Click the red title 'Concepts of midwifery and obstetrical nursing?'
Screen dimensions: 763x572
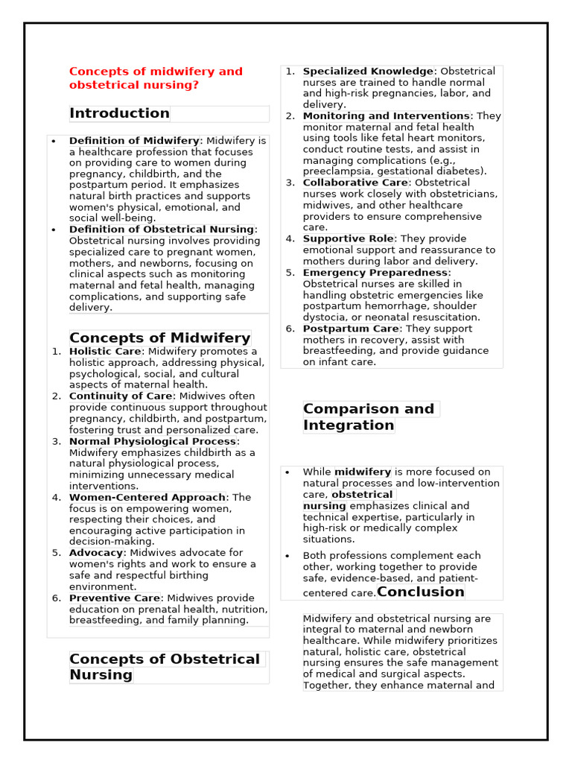[x=156, y=78]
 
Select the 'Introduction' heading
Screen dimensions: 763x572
[x=119, y=113]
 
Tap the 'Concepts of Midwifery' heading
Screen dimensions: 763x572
[x=159, y=338]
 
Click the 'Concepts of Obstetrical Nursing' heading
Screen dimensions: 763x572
[x=165, y=667]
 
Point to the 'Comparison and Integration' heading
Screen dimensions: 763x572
[x=368, y=417]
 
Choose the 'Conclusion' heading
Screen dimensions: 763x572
[x=421, y=592]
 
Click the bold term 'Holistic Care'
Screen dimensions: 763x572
[x=105, y=352]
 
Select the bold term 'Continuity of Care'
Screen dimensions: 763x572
[x=121, y=396]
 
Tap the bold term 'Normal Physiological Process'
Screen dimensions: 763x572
[x=153, y=441]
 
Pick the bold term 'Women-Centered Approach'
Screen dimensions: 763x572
[x=147, y=497]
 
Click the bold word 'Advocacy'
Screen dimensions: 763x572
[x=96, y=553]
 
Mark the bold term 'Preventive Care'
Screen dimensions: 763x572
[x=115, y=598]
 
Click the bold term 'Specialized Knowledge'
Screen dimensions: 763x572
[x=368, y=72]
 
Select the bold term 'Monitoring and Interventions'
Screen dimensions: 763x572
[x=386, y=116]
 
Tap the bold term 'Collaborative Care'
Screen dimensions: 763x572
[x=355, y=183]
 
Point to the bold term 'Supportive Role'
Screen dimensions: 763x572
[x=348, y=239]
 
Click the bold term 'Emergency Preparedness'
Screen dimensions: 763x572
[x=375, y=273]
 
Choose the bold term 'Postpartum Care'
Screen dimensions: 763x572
[x=351, y=329]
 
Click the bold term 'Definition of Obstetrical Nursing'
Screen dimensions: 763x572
[x=162, y=229]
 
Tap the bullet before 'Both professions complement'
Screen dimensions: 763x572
[x=287, y=556]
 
